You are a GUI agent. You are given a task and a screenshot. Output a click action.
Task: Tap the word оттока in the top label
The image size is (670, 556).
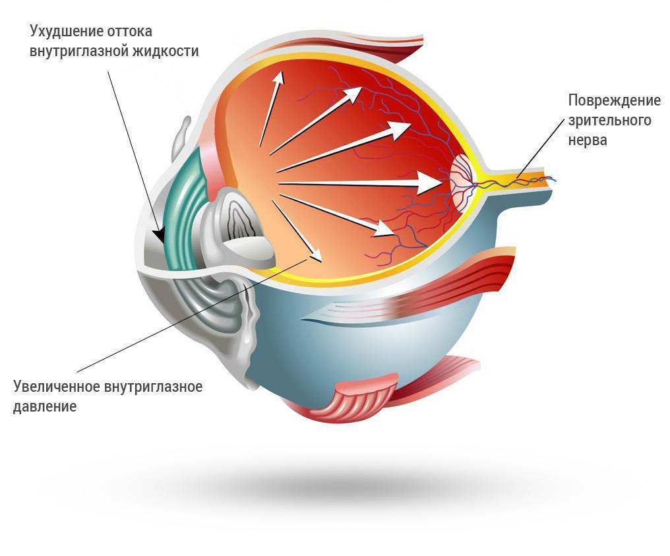133,32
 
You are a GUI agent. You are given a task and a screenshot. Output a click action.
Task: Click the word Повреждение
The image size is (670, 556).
614,101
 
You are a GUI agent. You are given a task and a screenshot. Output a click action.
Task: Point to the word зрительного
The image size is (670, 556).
609,121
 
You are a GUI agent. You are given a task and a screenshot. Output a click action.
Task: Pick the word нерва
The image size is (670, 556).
587,140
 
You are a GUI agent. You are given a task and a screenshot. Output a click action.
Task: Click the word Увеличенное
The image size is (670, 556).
55,386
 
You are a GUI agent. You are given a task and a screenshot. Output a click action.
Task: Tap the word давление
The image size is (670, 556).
45,406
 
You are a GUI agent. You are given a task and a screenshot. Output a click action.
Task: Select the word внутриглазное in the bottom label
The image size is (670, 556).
153,386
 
